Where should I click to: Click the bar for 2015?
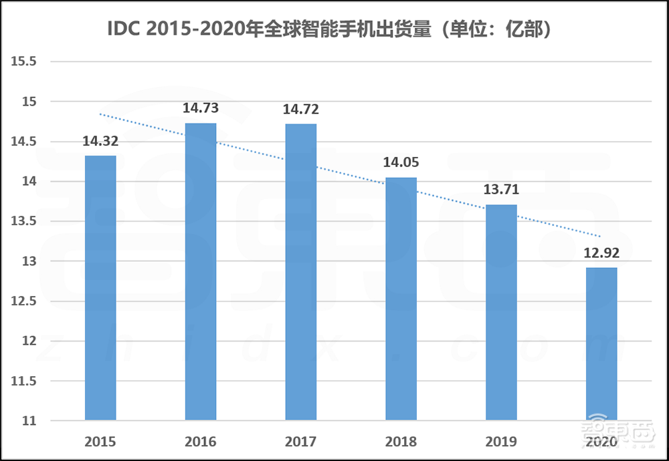[x=100, y=288]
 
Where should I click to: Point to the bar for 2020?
[x=601, y=344]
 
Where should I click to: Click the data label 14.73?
[x=201, y=108]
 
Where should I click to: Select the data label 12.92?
[x=601, y=253]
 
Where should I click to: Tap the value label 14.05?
[x=401, y=162]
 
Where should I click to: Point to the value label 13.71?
[x=501, y=190]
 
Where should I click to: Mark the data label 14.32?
[x=100, y=141]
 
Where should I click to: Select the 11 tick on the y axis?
[x=28, y=422]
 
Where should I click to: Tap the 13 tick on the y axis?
[x=28, y=261]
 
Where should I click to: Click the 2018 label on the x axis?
[x=401, y=442]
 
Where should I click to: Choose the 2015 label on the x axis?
[x=100, y=442]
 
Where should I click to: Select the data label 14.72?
[x=300, y=109]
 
